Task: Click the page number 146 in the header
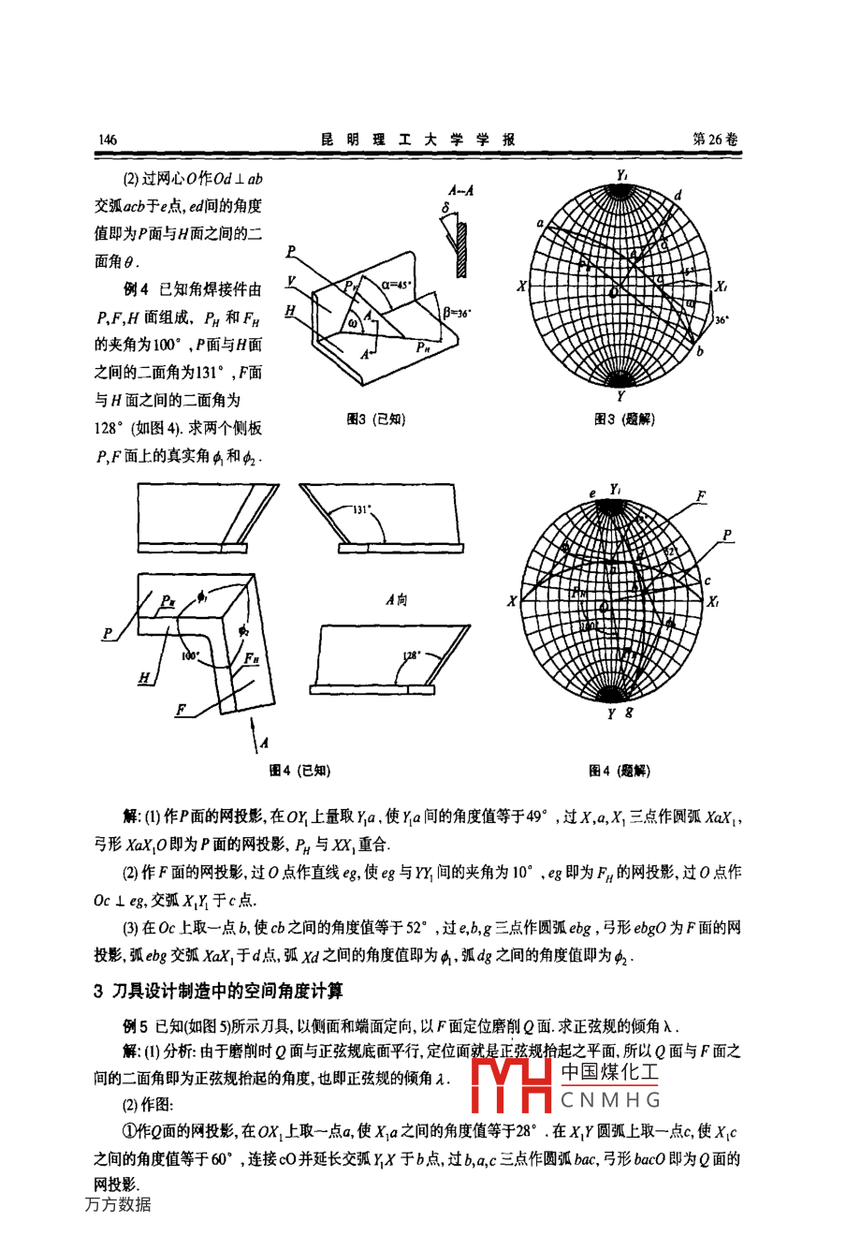(x=107, y=140)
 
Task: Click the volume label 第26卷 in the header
(x=715, y=139)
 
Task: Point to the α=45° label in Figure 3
(x=399, y=281)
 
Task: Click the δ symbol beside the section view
(x=446, y=207)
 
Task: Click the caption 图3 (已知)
(x=375, y=419)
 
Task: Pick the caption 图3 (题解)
(x=624, y=419)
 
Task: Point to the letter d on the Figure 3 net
(x=678, y=195)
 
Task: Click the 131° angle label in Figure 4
(x=363, y=511)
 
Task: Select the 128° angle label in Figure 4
(x=412, y=655)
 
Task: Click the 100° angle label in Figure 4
(x=192, y=656)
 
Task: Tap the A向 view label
(x=396, y=599)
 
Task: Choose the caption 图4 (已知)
(x=299, y=771)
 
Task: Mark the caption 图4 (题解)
(x=619, y=771)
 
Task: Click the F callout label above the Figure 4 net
(x=701, y=496)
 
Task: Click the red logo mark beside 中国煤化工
(x=513, y=1085)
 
